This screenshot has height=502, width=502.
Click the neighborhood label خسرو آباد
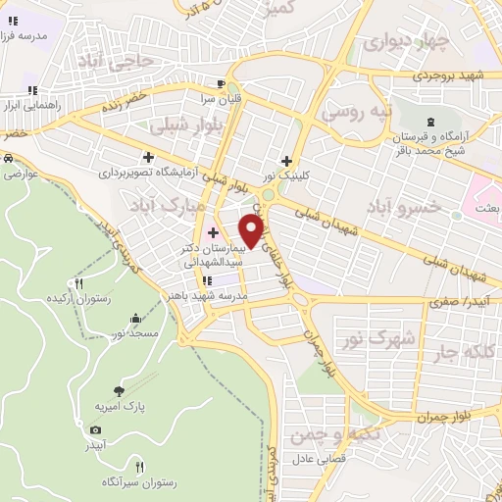pos(399,207)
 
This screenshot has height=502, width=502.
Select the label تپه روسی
pos(360,113)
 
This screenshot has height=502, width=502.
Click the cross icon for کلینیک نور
pos(286,161)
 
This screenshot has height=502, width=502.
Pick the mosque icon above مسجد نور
pos(135,319)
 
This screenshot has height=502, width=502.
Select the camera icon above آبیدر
pos(95,429)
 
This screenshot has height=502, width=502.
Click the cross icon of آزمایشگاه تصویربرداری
pos(148,157)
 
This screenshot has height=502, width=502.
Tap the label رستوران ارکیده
pos(71,297)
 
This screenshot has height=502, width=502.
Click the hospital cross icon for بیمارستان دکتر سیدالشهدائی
pos(213,232)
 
